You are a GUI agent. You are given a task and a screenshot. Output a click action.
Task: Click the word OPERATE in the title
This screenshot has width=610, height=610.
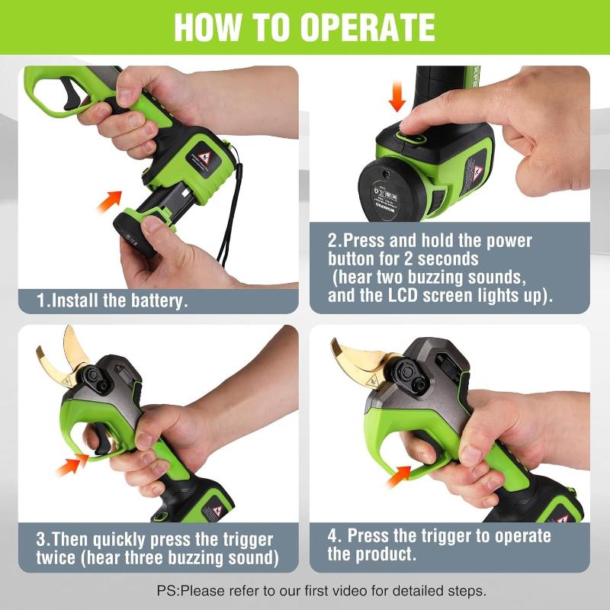tap(368, 27)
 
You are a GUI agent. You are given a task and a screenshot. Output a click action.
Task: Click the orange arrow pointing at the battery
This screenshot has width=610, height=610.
tap(109, 201)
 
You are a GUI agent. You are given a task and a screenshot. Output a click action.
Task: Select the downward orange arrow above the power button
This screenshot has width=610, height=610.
tap(396, 96)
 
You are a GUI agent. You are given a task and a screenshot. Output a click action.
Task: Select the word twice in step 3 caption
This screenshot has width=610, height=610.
tap(56, 557)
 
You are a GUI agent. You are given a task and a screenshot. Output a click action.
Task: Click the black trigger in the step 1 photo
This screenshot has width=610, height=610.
tap(72, 94)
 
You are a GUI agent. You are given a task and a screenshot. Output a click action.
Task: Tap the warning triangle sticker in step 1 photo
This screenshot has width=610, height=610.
tap(204, 159)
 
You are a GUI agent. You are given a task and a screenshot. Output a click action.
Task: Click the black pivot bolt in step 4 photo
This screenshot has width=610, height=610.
tap(406, 372)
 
